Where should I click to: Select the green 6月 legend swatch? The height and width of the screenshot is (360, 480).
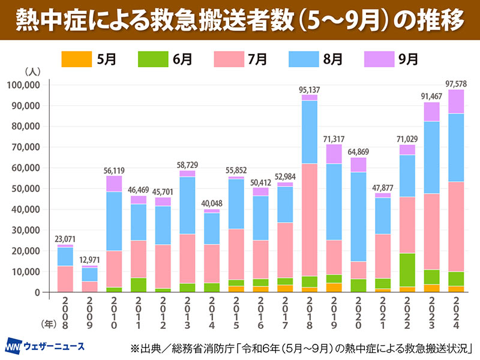[x=152, y=59]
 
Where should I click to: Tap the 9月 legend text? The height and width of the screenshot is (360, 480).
[x=408, y=59]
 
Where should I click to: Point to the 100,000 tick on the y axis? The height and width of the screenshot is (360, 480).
[x=25, y=85]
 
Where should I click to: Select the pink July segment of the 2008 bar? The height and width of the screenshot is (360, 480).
[x=65, y=279]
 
